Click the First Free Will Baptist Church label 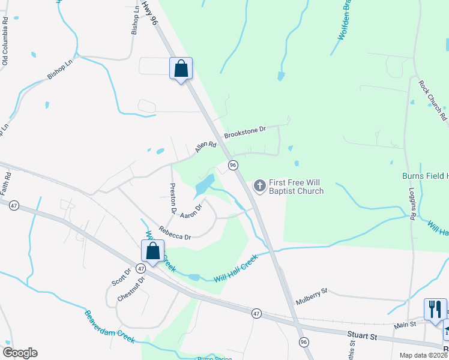click(x=296, y=187)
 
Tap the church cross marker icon click(x=260, y=186)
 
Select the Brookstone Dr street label click(x=245, y=133)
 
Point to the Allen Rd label click(x=205, y=147)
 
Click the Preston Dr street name click(x=172, y=199)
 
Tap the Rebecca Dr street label click(x=174, y=232)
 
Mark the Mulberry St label click(x=311, y=292)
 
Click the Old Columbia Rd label click(x=5, y=41)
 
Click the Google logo click(x=20, y=353)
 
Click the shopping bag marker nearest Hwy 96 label click(x=181, y=69)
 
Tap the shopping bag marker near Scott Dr click(x=152, y=251)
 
